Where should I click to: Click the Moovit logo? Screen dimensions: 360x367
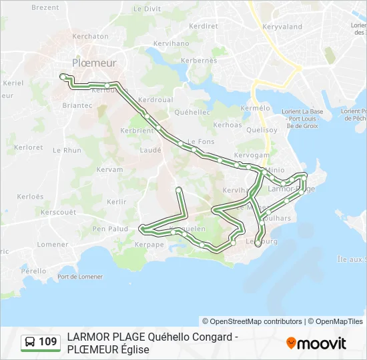[x=316, y=343]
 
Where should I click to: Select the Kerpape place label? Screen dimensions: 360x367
[x=149, y=245]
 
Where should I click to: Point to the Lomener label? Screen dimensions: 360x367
[x=53, y=245]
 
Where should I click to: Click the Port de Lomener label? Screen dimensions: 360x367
[x=80, y=277]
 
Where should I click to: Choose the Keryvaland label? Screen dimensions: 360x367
[x=282, y=27]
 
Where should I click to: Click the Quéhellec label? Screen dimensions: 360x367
[x=192, y=113]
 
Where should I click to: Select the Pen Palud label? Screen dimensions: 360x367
[x=110, y=229]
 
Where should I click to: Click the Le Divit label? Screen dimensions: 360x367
[x=147, y=9]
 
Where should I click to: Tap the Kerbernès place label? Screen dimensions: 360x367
[x=199, y=60]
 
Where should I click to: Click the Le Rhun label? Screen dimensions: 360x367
[x=67, y=151]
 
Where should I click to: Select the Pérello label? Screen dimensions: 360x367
[x=33, y=271]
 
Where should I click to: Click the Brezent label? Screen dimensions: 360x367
[x=45, y=7]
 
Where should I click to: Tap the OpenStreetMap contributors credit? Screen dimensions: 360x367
[x=252, y=321]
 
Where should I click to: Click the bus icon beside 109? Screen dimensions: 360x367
[x=30, y=343]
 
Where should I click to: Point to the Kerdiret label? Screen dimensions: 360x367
[x=204, y=26]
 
